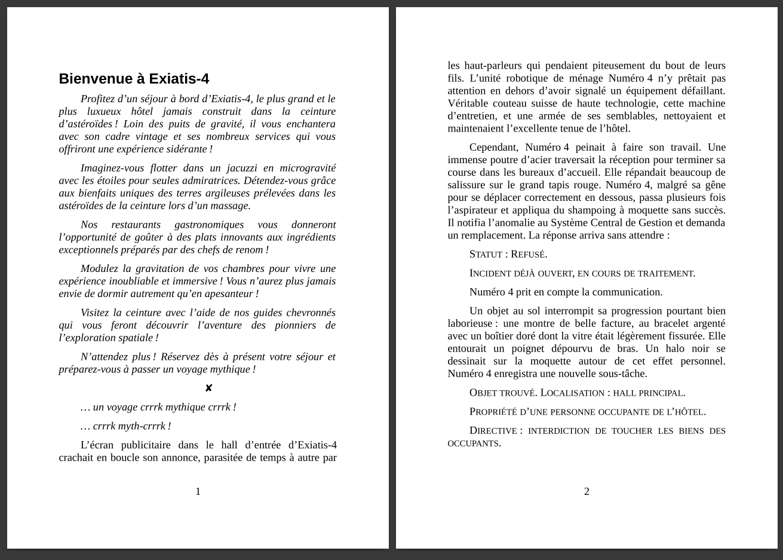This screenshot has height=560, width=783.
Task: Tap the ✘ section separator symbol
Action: click(x=208, y=388)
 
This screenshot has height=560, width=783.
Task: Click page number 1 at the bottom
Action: click(x=198, y=491)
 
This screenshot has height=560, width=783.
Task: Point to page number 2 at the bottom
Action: click(x=587, y=491)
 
